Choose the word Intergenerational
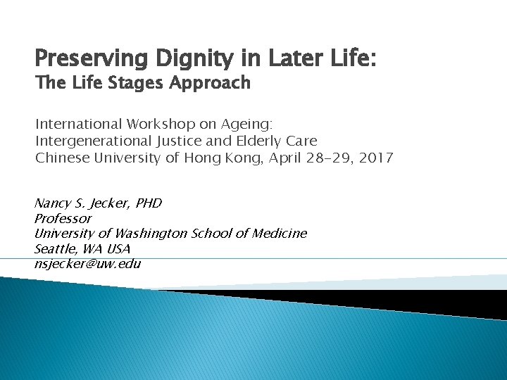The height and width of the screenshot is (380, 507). (94, 141)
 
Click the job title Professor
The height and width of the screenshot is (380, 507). (63, 219)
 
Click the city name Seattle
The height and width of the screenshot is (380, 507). (56, 249)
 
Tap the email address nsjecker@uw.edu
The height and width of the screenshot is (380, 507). (88, 264)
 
